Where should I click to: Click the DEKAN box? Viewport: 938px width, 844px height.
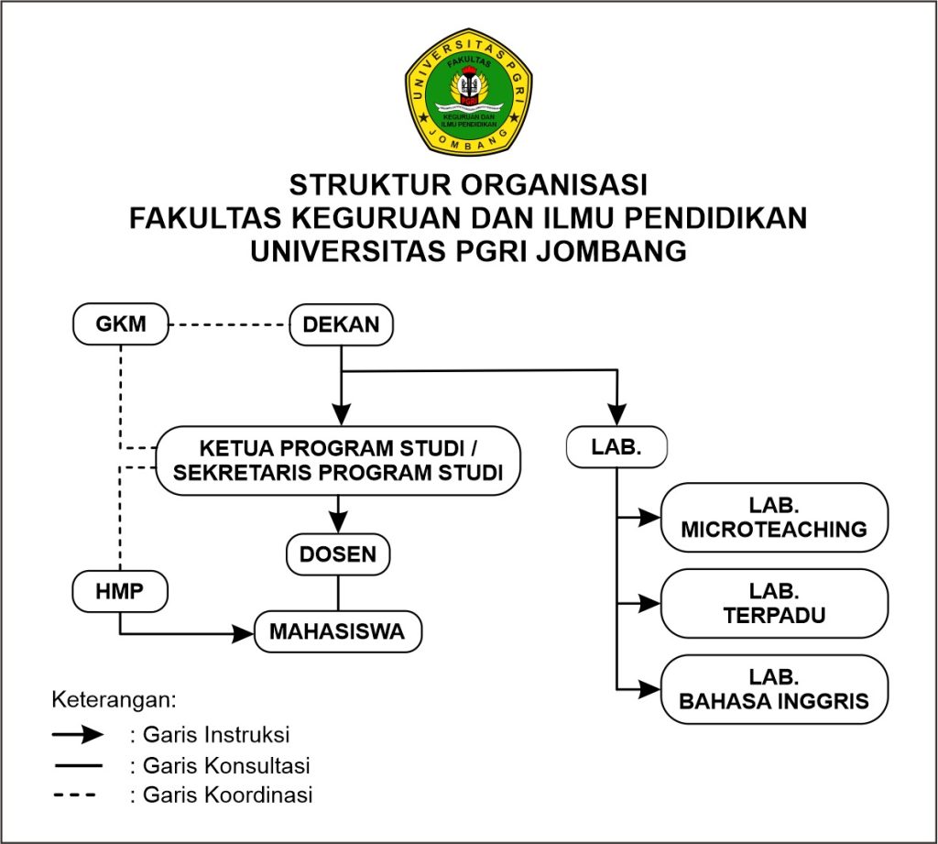341,324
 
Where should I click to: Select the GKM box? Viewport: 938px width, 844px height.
121,324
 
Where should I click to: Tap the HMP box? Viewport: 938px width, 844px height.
120,591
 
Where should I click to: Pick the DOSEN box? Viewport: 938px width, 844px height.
339,554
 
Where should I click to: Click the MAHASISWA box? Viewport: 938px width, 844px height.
338,632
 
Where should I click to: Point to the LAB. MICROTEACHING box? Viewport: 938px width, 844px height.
774,518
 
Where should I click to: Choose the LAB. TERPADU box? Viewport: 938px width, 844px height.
774,603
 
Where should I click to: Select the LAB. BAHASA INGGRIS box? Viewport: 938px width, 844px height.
774,690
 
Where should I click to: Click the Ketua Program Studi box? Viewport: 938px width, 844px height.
338,461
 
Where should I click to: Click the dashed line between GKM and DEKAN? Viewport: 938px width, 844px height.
230,324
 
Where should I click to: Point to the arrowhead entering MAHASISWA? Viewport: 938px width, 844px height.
243,632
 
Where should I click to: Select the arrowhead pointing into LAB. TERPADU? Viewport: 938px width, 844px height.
650,603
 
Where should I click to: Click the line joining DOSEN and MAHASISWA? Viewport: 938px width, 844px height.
339,592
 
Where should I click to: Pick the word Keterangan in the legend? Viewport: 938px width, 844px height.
113,700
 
